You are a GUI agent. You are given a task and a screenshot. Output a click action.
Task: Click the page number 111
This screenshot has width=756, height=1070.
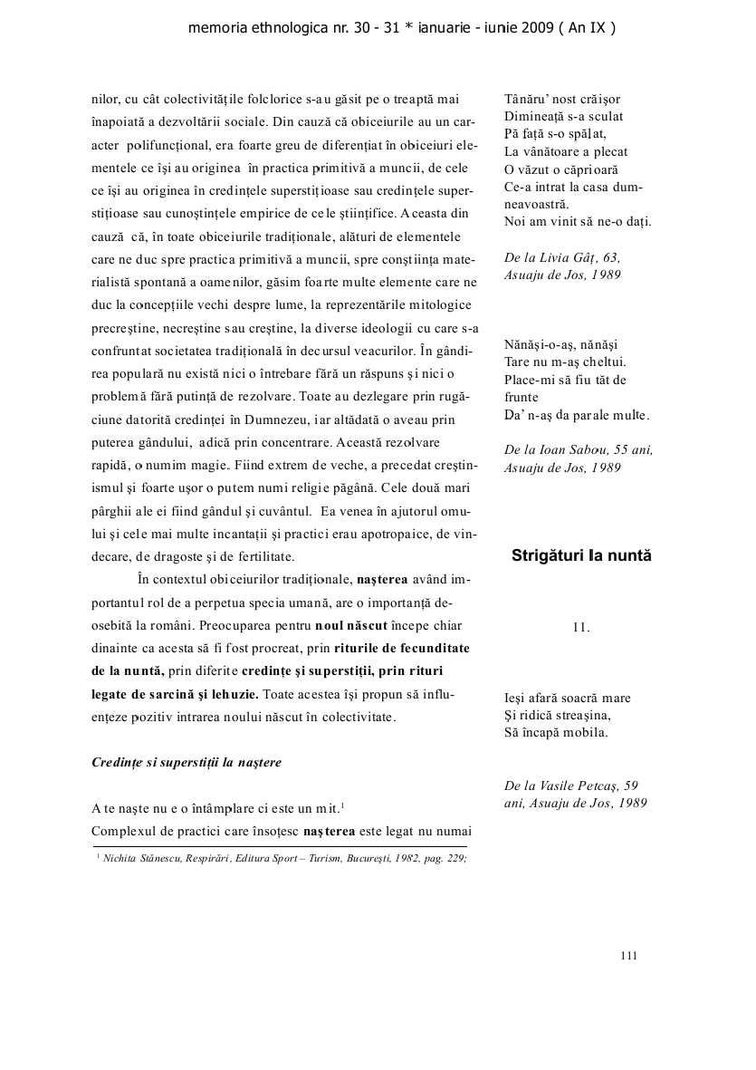tap(630, 954)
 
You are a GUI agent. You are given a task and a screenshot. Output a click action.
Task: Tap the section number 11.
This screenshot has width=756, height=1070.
tap(581, 626)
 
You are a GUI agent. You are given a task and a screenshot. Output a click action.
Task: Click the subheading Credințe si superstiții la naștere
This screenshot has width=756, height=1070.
tap(187, 762)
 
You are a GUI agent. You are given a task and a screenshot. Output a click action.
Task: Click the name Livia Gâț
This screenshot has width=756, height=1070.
tap(574, 257)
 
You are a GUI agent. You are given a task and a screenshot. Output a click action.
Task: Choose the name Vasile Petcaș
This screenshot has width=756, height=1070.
tap(577, 786)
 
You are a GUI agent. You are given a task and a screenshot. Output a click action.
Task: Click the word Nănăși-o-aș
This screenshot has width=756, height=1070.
tap(534, 345)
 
